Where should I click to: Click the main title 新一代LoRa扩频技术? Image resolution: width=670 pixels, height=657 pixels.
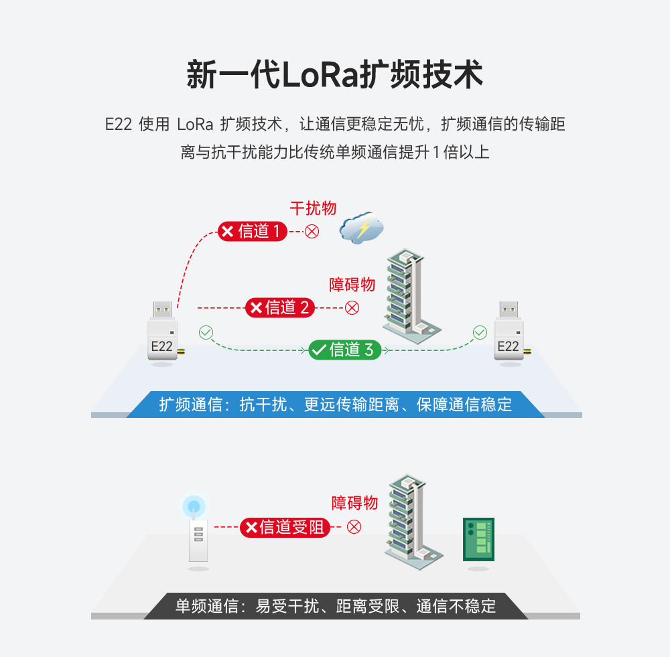click(x=334, y=75)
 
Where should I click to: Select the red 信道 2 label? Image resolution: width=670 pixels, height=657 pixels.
click(x=279, y=307)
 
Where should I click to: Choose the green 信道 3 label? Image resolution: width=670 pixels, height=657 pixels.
click(x=344, y=350)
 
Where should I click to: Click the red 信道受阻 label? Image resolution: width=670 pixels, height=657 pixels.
click(x=285, y=528)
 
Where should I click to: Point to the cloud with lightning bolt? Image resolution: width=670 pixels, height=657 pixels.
click(x=361, y=228)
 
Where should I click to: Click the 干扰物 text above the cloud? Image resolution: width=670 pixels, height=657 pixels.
click(x=313, y=208)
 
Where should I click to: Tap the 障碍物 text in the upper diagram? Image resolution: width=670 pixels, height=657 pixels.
click(x=352, y=285)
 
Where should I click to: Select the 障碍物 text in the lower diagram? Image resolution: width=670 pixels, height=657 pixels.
click(x=355, y=503)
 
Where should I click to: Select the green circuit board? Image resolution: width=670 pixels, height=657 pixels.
click(x=478, y=539)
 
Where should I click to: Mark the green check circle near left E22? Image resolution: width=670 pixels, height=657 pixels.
click(x=206, y=332)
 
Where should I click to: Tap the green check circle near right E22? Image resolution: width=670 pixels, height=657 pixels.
click(x=480, y=332)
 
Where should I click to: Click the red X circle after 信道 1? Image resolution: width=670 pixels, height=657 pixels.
click(x=312, y=232)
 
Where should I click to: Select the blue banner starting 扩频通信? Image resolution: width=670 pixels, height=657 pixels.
click(x=335, y=405)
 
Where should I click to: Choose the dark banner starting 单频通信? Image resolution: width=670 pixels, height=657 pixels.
click(x=335, y=606)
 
